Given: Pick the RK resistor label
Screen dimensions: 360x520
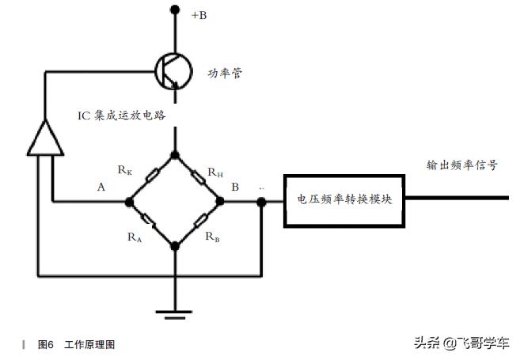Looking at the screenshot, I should pyautogui.click(x=124, y=169).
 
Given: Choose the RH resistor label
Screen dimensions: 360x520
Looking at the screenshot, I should pyautogui.click(x=214, y=172).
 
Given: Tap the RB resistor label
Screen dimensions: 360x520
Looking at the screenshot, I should pyautogui.click(x=212, y=236).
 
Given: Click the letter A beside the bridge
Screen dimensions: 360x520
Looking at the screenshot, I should pyautogui.click(x=101, y=188).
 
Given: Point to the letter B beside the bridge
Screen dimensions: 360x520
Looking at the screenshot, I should pyautogui.click(x=234, y=188).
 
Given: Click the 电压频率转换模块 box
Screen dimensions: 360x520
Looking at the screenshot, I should pyautogui.click(x=345, y=200).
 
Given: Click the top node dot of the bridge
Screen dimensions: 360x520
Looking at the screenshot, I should pyautogui.click(x=176, y=153).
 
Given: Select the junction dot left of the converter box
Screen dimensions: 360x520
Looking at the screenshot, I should pyautogui.click(x=261, y=201).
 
